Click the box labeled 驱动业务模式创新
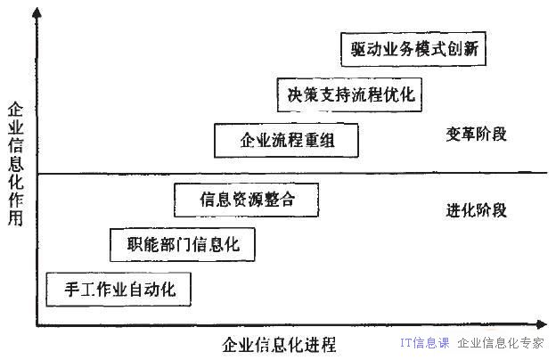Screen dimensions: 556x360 (x=413, y=49)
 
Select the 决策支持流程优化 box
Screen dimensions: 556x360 (x=349, y=94)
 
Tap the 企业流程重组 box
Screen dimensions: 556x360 (x=286, y=140)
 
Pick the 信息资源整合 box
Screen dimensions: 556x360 (x=247, y=200)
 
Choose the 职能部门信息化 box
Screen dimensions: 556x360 (x=183, y=245)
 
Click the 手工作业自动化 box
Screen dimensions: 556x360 (x=119, y=290)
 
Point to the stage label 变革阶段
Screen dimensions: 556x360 (x=476, y=135)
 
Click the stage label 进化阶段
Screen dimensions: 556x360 (x=476, y=210)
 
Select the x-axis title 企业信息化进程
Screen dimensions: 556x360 (x=280, y=344)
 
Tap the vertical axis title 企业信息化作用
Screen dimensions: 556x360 (x=16, y=164)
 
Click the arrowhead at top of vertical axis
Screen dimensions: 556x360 (x=37, y=12)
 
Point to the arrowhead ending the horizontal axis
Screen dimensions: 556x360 (x=542, y=324)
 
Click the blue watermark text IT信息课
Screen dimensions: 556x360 (x=425, y=343)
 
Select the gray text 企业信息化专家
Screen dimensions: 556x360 (x=501, y=343)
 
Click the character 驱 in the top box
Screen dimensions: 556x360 (x=358, y=49)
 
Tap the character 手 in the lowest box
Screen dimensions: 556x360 (x=72, y=290)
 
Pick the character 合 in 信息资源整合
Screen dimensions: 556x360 (x=287, y=200)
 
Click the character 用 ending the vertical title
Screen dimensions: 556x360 (x=16, y=218)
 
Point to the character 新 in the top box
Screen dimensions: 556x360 (x=470, y=49)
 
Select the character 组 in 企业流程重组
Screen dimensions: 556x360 (x=327, y=140)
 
